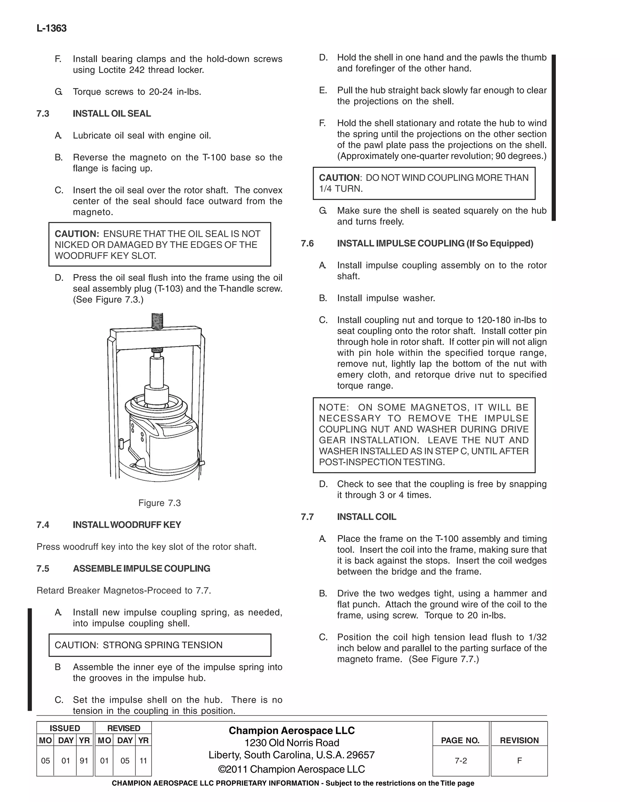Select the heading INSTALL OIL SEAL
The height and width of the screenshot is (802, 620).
(x=112, y=113)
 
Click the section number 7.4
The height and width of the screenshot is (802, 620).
(x=43, y=525)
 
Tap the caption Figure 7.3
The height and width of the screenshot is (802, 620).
(x=160, y=503)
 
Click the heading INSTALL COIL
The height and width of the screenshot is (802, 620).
(x=366, y=517)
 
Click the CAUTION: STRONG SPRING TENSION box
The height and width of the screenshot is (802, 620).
(x=160, y=645)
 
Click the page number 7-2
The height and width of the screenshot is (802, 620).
(x=460, y=761)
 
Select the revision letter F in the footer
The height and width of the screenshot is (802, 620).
(x=519, y=761)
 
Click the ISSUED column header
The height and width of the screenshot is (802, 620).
(x=65, y=728)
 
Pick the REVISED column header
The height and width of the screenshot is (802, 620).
(x=124, y=728)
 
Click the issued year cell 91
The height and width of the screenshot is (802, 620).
(x=84, y=761)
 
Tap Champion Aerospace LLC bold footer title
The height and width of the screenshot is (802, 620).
(x=292, y=730)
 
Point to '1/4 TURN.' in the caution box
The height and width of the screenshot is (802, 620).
(x=341, y=189)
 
